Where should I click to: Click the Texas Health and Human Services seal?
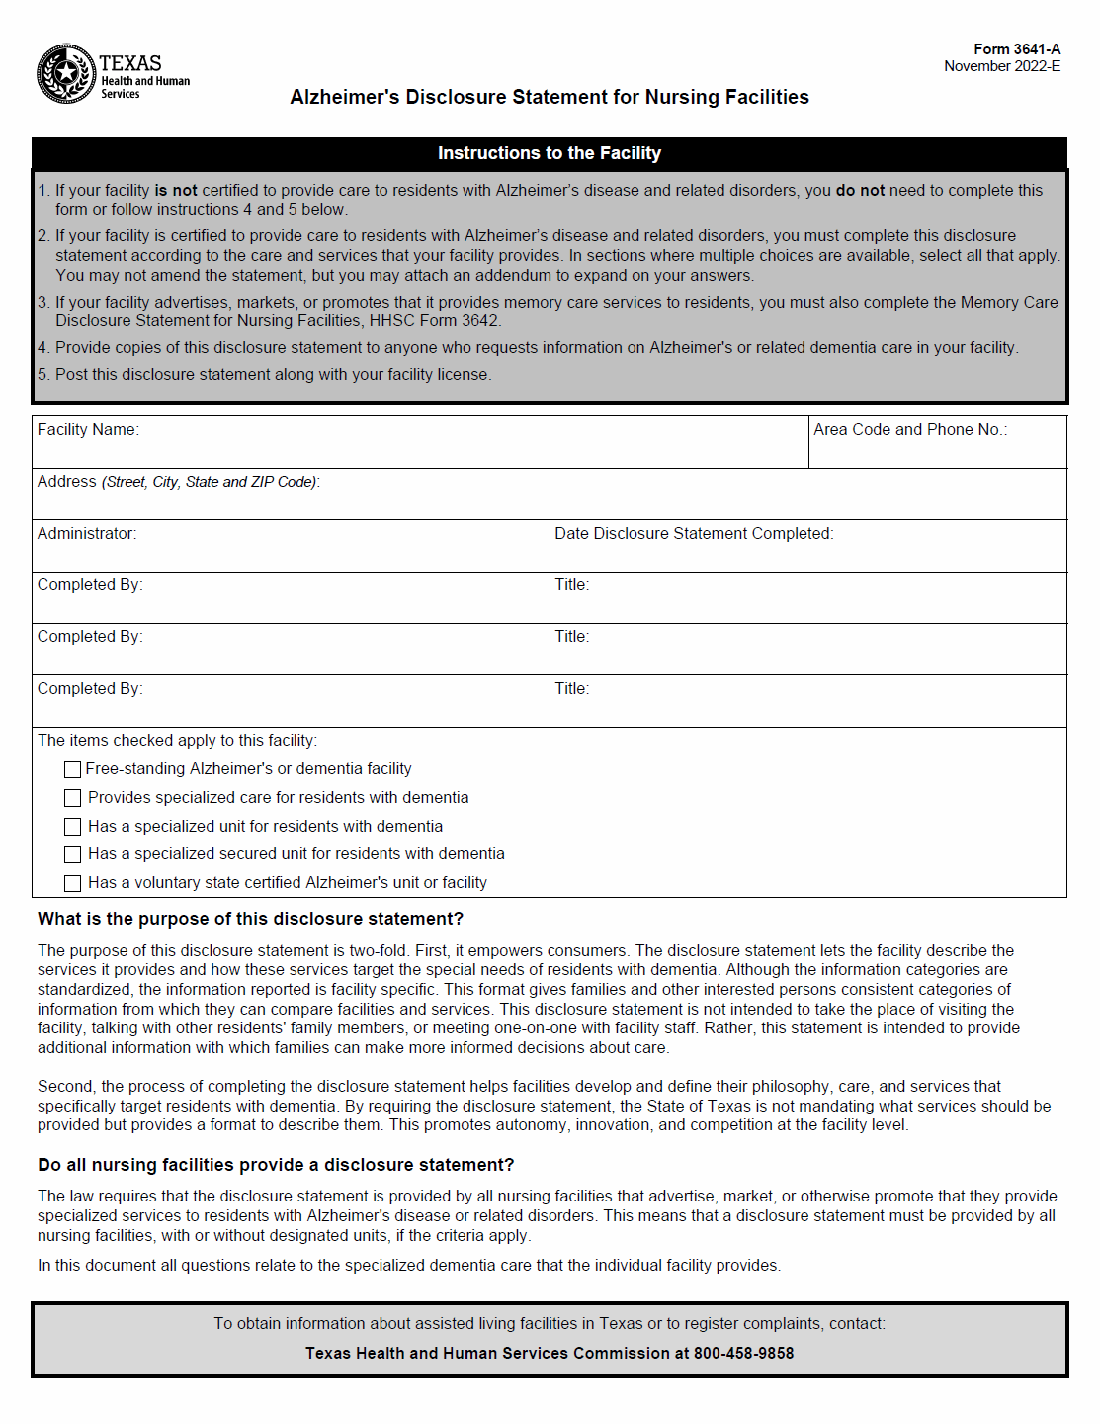click(66, 73)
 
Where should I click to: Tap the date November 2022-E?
click(1002, 66)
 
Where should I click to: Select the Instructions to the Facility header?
click(550, 153)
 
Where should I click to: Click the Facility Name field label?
click(88, 429)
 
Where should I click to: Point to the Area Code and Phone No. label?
click(910, 429)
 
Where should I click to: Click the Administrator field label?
click(87, 533)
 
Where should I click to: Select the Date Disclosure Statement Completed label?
click(694, 533)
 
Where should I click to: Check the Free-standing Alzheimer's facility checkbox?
click(72, 769)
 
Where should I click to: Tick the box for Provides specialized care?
click(72, 798)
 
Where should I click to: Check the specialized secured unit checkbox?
click(72, 854)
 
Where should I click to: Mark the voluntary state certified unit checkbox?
click(72, 883)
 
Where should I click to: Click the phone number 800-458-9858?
click(743, 1353)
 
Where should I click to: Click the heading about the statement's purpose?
click(250, 919)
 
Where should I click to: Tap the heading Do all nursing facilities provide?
click(276, 1165)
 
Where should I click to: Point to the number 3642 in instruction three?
click(480, 321)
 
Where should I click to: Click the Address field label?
click(67, 482)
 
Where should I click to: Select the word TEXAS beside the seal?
click(130, 63)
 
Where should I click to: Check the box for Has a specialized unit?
click(72, 827)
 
